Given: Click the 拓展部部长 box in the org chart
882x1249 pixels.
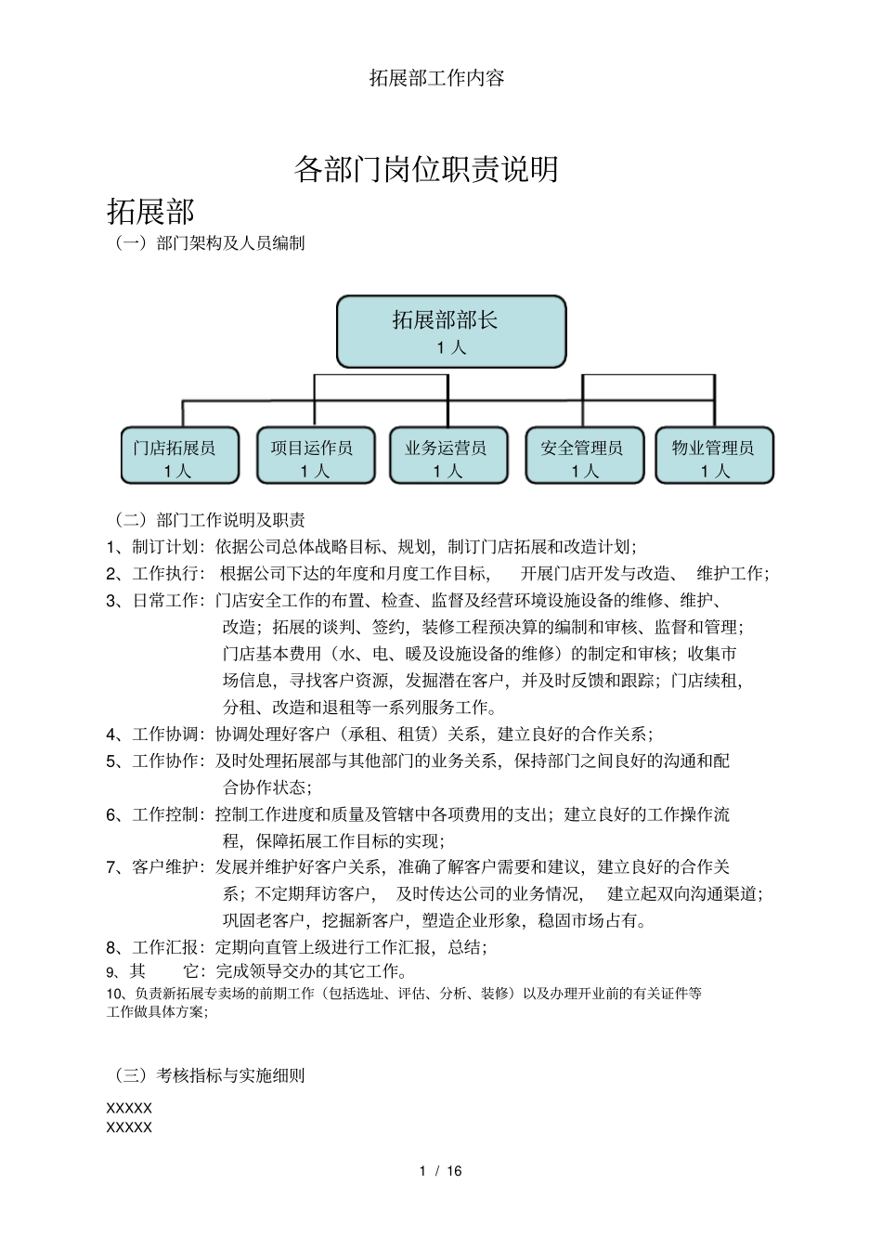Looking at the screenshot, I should tap(451, 332).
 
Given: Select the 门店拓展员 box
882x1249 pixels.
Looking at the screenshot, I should tap(180, 456).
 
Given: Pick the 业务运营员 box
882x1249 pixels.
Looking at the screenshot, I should tap(448, 456).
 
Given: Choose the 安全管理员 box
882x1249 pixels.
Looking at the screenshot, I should tap(584, 456).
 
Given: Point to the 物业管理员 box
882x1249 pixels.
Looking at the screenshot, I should tap(714, 456).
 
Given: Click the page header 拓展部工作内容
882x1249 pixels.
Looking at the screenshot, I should tap(437, 78).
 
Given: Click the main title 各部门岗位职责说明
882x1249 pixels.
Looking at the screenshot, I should tap(426, 169).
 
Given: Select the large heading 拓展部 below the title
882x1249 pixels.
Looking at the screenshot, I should tap(150, 212).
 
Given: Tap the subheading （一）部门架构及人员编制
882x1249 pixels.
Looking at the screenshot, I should tap(209, 243).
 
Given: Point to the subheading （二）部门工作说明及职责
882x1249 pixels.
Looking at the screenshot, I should tap(209, 520).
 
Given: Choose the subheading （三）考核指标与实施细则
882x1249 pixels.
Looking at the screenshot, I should tap(209, 1075).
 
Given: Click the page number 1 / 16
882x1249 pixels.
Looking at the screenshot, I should tap(440, 1171).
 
